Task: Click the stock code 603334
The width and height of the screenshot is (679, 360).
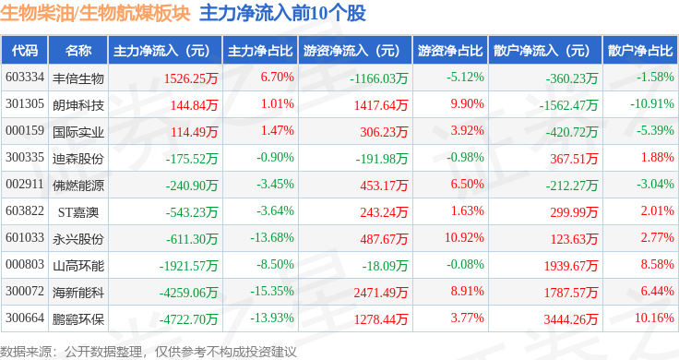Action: coord(25,78)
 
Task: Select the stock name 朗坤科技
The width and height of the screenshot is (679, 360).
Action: coord(78,105)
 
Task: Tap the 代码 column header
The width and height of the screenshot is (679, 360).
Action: coord(25,50)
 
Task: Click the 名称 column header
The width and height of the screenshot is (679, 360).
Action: coord(78,50)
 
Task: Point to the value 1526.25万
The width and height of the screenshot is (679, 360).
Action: coord(191,78)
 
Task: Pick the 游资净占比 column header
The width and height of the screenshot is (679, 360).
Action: coord(450,50)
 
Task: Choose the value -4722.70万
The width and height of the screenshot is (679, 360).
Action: coord(188,319)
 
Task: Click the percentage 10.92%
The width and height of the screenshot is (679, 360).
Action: coord(464,237)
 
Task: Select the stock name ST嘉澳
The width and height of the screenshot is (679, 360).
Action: coord(78,212)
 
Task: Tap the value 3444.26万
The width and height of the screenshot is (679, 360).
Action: coord(571,319)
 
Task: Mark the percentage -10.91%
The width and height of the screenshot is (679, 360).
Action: coord(652,103)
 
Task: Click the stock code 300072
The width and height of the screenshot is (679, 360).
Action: coord(25,291)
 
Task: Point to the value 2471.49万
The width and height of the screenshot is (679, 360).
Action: coord(381,293)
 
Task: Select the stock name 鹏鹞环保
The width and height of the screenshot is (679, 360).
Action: coord(78,319)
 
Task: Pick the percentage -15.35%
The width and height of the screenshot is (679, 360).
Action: coord(272,291)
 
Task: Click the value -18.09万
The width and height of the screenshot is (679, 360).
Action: coord(385,266)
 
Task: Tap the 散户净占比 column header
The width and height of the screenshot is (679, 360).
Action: coord(640,50)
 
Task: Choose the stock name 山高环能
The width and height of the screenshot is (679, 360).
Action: coord(78,266)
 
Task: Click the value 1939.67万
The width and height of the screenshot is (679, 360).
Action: coord(571,266)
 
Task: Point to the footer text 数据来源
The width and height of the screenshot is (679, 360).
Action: coord(26,352)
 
